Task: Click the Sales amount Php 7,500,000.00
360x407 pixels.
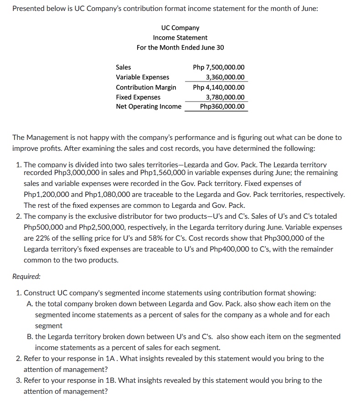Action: pos(219,67)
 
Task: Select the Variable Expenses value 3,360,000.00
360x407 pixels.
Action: pos(225,77)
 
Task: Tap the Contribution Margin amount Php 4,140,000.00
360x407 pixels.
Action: pos(219,88)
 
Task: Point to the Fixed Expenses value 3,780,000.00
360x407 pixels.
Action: pos(225,97)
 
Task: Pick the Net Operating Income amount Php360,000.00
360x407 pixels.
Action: pos(222,107)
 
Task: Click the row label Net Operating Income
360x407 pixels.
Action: pos(149,107)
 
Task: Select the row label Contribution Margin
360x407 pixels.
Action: pos(146,88)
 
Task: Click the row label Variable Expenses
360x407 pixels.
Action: pos(142,77)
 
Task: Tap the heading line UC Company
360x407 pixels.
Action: pos(180,28)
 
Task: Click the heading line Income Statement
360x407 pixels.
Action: pos(180,38)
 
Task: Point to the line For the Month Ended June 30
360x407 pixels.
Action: pos(180,47)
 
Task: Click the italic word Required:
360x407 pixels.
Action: pos(26,276)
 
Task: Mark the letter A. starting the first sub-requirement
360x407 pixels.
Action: pos(30,304)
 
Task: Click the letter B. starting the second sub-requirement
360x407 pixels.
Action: pos(30,337)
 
